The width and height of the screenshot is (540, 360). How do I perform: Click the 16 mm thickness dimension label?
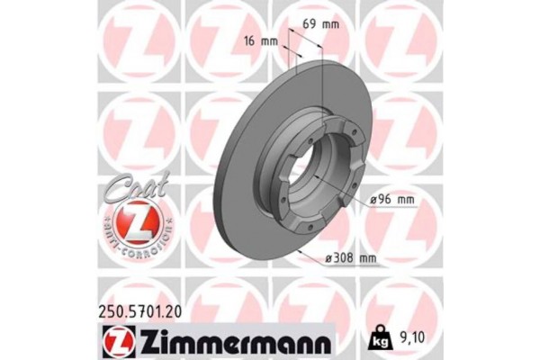tap(260, 41)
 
